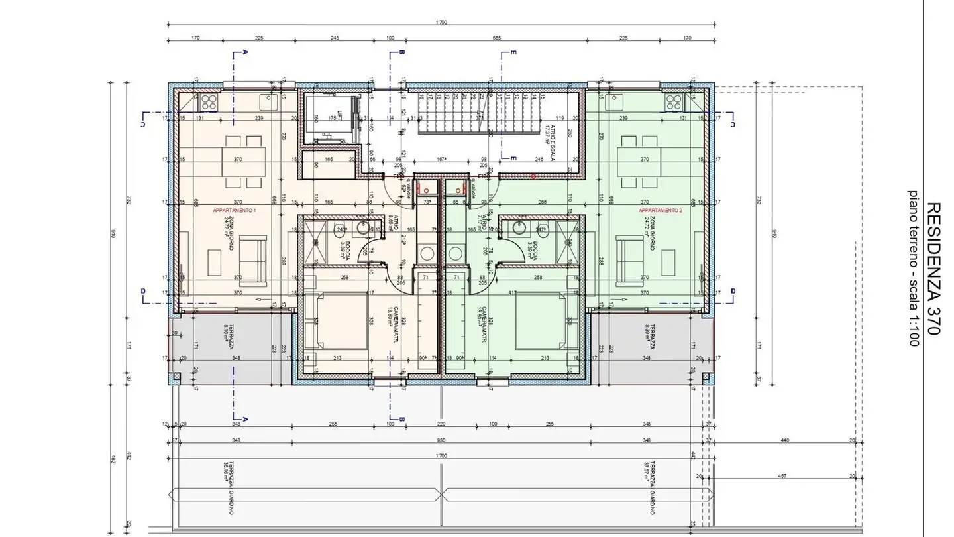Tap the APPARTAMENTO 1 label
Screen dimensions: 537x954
pyautogui.click(x=234, y=210)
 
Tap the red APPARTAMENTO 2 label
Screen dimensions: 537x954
pyautogui.click(x=660, y=210)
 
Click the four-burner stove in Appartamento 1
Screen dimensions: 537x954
pyautogui.click(x=209, y=102)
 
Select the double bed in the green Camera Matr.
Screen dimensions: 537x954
pyautogui.click(x=541, y=321)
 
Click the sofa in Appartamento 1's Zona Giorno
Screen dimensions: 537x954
pyautogui.click(x=251, y=258)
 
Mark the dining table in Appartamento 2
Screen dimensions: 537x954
pyautogui.click(x=639, y=161)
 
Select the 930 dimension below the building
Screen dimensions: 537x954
pyautogui.click(x=441, y=440)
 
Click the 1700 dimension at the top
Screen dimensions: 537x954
pyautogui.click(x=441, y=23)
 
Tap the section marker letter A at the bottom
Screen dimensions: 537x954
pyautogui.click(x=246, y=419)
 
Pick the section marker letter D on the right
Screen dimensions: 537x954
pyautogui.click(x=733, y=291)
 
